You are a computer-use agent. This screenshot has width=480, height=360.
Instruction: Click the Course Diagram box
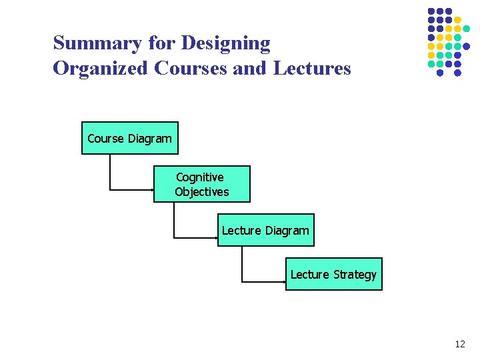130,138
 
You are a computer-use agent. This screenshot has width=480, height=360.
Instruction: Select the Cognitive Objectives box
202,184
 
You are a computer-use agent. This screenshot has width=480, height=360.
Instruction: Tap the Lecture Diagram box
265,230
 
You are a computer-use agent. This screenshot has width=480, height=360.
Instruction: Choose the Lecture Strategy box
334,274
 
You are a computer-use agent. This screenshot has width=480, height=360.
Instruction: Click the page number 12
459,344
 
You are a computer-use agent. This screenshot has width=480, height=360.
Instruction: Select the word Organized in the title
101,69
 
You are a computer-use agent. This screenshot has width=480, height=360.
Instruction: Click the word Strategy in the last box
355,275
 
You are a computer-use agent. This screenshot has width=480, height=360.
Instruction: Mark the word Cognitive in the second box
200,177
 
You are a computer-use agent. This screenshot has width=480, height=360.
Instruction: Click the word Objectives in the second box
202,192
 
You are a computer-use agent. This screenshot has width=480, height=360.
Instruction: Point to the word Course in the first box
105,139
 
